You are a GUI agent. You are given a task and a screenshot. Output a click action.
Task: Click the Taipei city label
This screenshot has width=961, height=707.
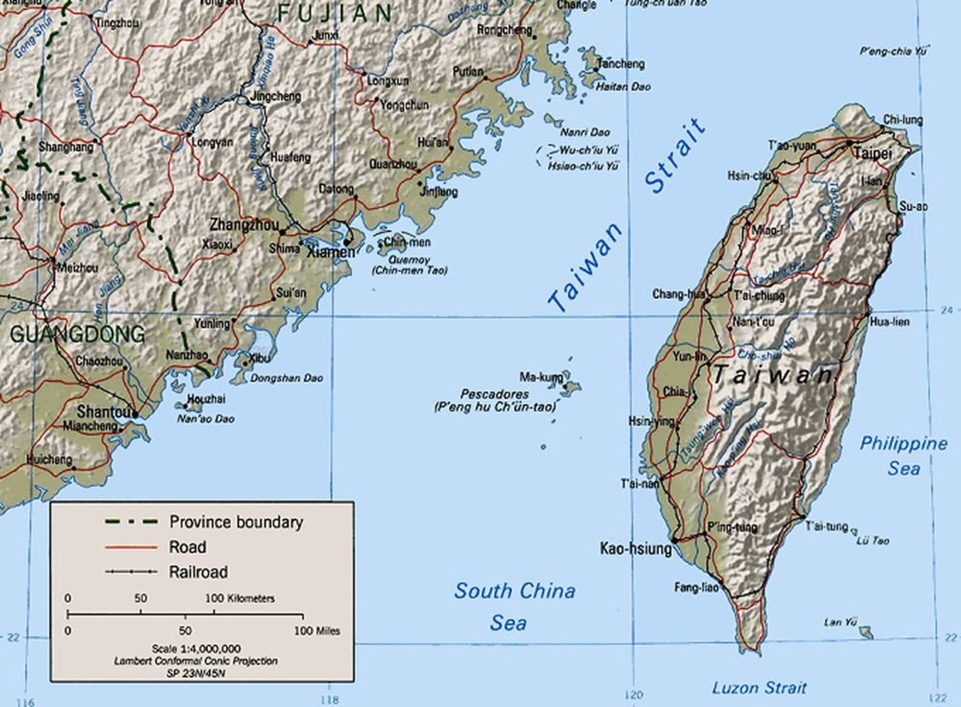(872, 153)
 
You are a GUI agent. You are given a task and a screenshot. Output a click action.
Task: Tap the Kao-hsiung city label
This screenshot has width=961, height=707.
(636, 548)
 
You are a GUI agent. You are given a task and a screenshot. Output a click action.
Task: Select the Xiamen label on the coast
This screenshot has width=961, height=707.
(331, 252)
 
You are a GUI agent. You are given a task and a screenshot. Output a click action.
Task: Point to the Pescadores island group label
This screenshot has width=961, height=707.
(495, 394)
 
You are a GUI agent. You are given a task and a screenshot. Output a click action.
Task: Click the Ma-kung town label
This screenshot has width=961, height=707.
(541, 376)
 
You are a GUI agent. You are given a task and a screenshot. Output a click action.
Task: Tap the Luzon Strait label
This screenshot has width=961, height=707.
(759, 687)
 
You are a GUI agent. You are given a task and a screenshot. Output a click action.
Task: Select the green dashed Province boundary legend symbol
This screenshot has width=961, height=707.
(132, 522)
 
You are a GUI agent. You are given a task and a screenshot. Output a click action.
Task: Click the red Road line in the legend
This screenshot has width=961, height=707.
(132, 547)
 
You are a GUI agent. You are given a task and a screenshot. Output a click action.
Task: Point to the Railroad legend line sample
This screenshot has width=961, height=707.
(132, 572)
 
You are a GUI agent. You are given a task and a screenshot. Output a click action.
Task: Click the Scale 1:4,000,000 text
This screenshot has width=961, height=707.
(196, 648)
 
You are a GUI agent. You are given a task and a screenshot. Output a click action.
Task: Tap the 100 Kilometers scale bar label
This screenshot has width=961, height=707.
(240, 598)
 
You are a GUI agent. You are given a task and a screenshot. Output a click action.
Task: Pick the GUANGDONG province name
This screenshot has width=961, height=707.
(78, 334)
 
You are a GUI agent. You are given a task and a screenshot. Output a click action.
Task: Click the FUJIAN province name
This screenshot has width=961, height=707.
(335, 13)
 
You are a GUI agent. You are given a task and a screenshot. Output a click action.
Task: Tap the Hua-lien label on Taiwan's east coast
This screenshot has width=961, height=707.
(889, 322)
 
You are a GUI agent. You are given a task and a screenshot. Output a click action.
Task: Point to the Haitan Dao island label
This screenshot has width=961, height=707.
(623, 87)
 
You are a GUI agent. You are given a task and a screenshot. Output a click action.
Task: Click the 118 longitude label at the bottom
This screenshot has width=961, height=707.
(329, 699)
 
